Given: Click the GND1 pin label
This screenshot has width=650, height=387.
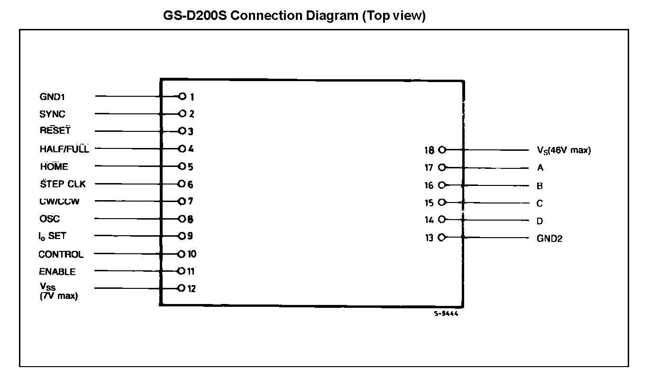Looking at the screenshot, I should pos(52,97).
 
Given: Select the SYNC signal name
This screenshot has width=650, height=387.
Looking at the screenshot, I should pos(52,114).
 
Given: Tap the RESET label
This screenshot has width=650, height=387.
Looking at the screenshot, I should pos(55,131).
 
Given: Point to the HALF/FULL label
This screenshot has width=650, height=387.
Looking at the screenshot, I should pos(64,149).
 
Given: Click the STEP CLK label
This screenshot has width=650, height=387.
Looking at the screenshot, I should pos(63,184).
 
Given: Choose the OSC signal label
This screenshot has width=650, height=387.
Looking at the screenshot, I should pos(49,219).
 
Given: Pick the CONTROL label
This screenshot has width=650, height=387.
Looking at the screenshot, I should pos(61,254).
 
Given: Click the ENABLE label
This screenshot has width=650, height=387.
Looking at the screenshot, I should pos(57,272).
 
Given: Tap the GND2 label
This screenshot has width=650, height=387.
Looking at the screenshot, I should pos(549,239).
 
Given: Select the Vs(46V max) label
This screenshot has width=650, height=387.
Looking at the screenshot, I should pos(563,150).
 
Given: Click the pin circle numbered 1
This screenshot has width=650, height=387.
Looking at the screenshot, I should pos(182,97).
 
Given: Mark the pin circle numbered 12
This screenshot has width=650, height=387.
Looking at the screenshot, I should pos(181,288).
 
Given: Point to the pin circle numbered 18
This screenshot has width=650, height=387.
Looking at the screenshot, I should pos(442,150).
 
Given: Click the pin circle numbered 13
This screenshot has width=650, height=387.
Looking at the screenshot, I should pos(442,238).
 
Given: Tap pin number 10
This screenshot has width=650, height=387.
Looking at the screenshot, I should pos(192,254).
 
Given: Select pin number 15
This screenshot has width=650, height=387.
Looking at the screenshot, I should pos(429,203).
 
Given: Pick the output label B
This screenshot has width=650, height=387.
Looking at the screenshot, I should pos(540,186).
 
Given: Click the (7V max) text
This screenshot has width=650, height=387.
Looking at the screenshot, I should pos(59,296).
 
